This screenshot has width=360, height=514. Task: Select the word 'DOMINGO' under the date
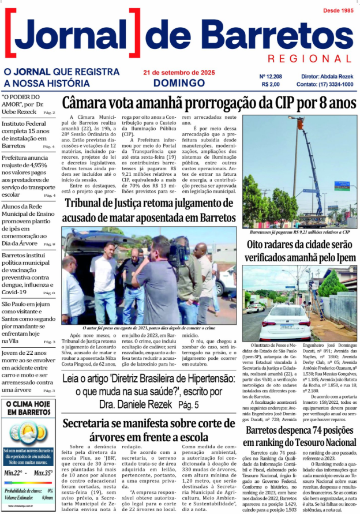pos(179,83)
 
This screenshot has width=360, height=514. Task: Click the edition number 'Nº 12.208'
pos(271,76)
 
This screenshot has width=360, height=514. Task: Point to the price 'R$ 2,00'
pos(270,84)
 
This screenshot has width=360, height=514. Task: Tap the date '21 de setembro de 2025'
pos(179,73)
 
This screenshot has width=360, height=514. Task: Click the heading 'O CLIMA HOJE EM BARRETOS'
pos(29,408)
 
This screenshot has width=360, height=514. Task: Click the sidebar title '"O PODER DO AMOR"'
pos(21,100)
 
